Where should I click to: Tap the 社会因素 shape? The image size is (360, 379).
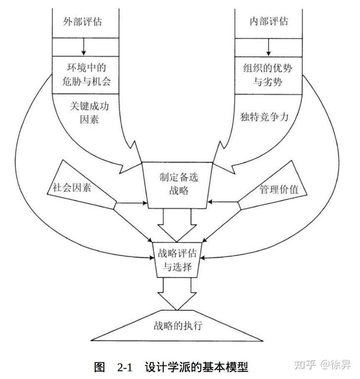[75, 187]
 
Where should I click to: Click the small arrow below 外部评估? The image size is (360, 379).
[84, 47]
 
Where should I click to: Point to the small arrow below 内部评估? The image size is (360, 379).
[269, 47]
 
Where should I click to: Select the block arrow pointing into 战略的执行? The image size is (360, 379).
[177, 294]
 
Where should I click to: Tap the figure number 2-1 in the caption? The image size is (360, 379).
[124, 367]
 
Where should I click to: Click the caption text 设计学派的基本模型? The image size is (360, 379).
[196, 367]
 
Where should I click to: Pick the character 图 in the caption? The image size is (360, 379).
[99, 367]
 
